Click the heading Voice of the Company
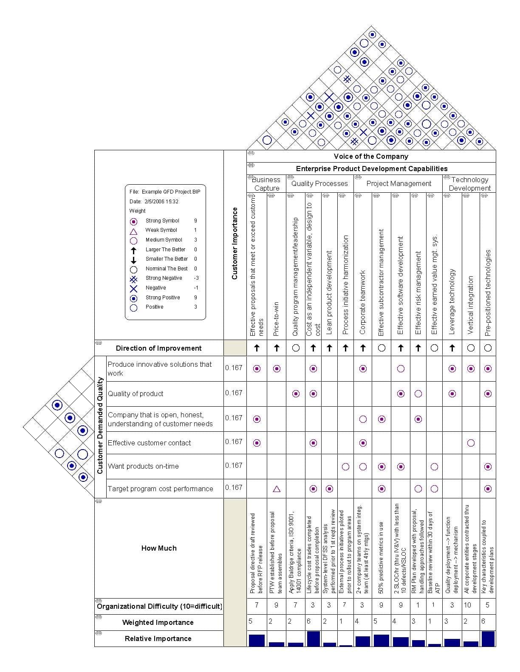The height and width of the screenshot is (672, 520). [371, 157]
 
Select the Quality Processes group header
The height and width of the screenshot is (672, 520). [319, 184]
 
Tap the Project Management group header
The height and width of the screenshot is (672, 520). [398, 184]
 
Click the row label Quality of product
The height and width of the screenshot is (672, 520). [136, 394]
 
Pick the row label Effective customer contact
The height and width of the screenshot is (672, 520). [150, 443]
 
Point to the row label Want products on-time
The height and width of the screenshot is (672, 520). [143, 467]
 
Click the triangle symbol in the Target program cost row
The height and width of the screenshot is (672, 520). [277, 489]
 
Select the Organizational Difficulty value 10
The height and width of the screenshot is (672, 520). [467, 605]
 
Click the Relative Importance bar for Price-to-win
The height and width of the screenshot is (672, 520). [277, 644]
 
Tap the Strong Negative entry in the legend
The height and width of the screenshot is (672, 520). [164, 278]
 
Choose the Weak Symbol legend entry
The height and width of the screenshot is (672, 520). [161, 231]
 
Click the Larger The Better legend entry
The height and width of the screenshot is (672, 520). [165, 250]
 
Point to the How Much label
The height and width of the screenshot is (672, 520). [159, 548]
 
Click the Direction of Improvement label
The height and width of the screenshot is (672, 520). [158, 349]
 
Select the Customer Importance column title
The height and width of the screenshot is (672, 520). [235, 243]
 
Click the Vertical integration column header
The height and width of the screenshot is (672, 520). [471, 305]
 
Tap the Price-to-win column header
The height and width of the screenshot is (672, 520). [277, 319]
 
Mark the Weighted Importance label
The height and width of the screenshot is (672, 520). [158, 623]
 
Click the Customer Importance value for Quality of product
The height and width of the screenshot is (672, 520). [234, 393]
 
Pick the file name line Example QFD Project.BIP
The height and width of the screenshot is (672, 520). [165, 192]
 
